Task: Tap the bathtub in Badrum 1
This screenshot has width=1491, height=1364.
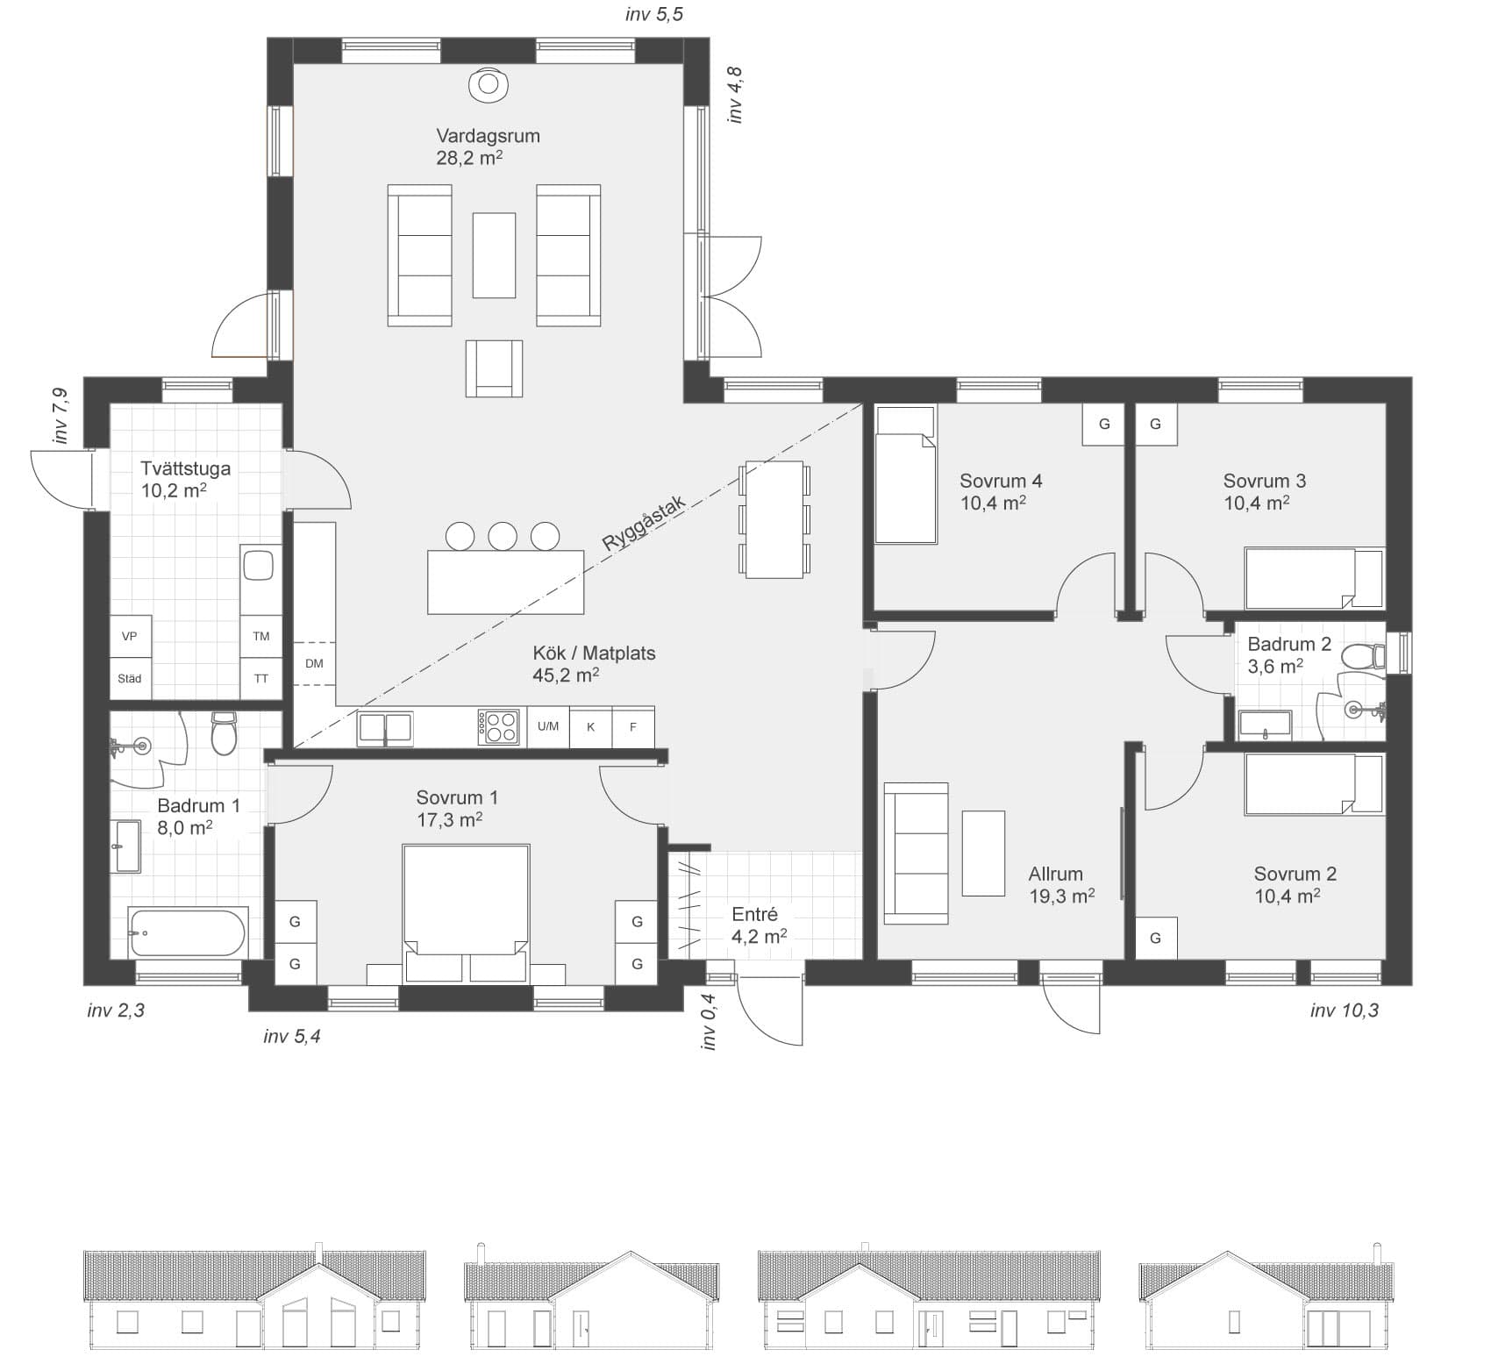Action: [x=188, y=932]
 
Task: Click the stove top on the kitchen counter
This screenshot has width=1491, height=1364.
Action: [x=497, y=727]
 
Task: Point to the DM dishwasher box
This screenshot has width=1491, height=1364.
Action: [x=314, y=664]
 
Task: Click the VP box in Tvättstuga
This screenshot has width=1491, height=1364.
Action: [x=130, y=636]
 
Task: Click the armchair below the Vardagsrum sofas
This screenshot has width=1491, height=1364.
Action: [x=494, y=368]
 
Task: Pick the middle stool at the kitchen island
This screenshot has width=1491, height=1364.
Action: [x=503, y=535]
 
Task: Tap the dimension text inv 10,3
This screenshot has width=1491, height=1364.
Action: [x=1344, y=1011]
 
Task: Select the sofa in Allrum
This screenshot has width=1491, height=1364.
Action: [x=916, y=853]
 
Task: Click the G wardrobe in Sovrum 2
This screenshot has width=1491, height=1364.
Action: [x=1155, y=938]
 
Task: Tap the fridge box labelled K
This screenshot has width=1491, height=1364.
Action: [x=591, y=727]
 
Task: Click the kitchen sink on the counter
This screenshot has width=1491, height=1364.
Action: [x=384, y=729]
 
